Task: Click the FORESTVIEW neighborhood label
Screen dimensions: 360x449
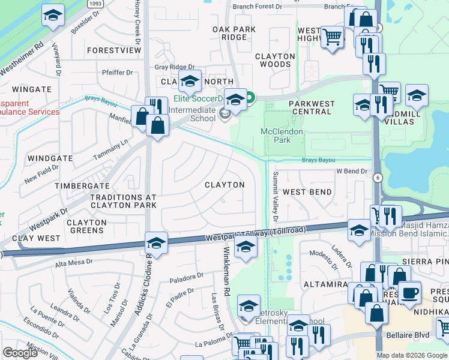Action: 113,51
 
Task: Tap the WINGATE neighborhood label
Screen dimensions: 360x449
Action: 32,89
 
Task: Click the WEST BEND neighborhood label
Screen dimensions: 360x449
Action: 307,192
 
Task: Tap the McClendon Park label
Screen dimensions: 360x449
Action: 282,136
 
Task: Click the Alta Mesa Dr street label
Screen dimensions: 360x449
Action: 75,262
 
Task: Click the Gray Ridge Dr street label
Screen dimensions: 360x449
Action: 175,68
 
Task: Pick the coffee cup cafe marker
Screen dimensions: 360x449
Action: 410,292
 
